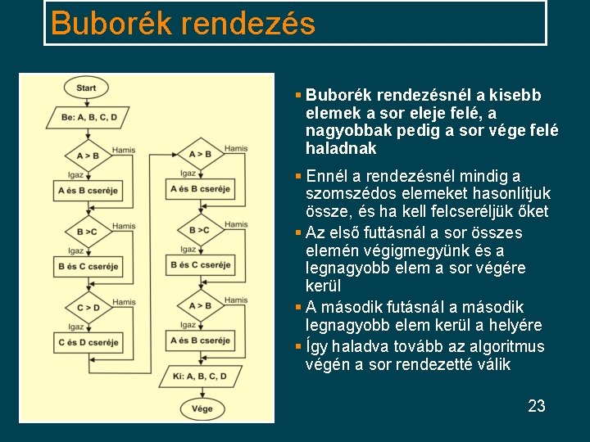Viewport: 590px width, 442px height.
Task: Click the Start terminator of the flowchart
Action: point(86,88)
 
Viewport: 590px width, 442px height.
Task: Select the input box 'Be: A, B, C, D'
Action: point(88,117)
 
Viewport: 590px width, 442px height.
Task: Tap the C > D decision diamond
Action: point(88,308)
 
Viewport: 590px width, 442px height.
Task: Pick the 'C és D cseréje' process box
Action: point(88,342)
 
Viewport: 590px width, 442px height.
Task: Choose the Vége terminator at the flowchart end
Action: point(202,408)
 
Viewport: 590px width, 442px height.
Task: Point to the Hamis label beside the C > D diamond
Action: point(125,302)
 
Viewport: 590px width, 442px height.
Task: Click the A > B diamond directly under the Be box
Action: point(88,156)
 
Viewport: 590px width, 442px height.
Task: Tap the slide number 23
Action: point(537,406)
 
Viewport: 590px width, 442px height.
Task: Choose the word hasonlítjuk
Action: point(507,194)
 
